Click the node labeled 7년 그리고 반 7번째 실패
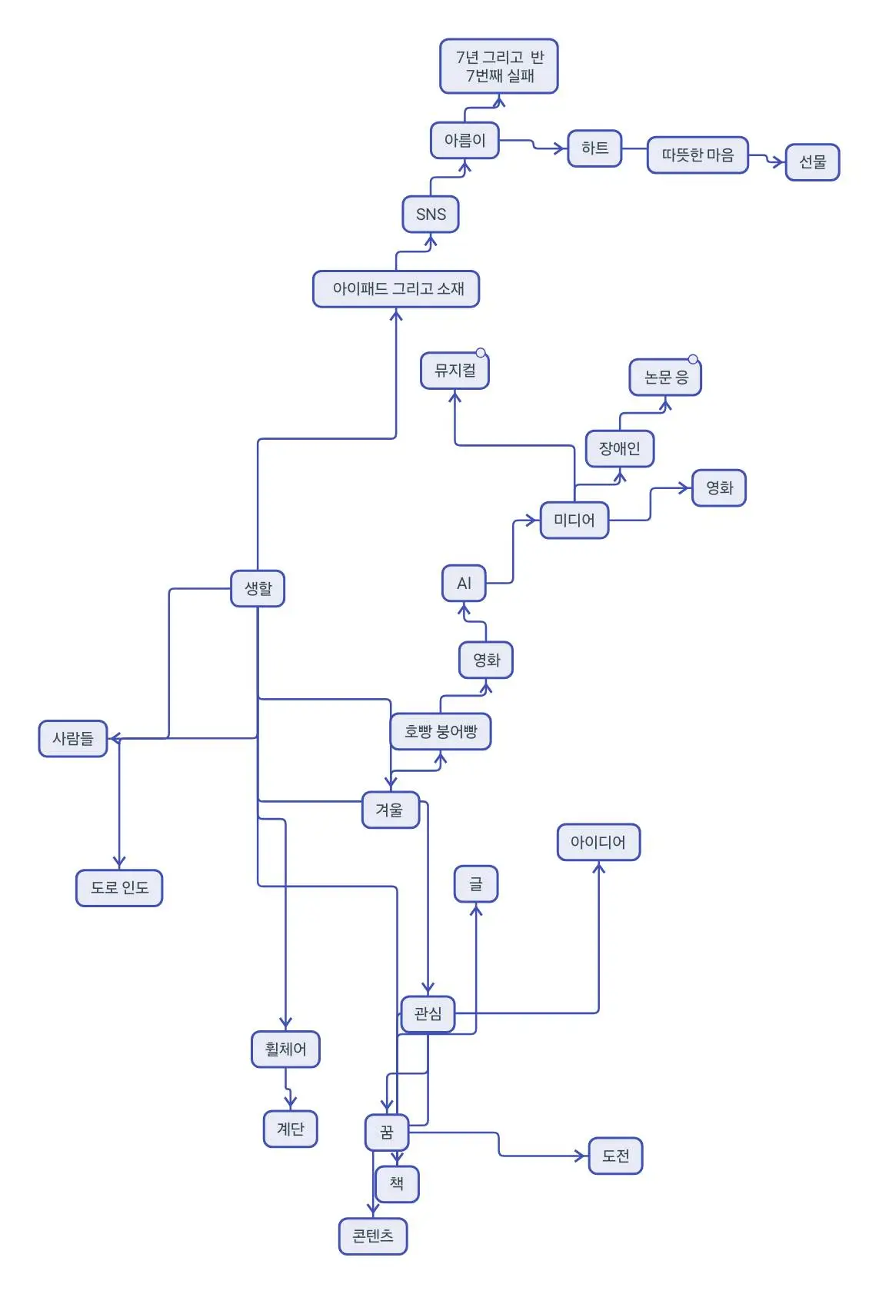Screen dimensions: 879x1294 (498, 66)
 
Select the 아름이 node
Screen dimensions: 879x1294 (464, 140)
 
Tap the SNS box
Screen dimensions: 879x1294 (431, 214)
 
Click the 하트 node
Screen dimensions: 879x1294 (594, 148)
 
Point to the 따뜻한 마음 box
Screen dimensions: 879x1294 (698, 155)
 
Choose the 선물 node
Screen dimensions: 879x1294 (812, 162)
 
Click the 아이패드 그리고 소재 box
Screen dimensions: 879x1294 (396, 289)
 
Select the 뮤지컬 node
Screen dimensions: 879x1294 (454, 371)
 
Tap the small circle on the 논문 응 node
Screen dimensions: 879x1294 (693, 359)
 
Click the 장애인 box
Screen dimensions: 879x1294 (619, 448)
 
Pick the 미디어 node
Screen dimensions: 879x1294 (574, 521)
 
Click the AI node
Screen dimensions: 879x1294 (464, 584)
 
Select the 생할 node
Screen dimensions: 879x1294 (258, 588)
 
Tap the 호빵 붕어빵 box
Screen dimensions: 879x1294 (441, 731)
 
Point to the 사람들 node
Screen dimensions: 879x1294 (73, 739)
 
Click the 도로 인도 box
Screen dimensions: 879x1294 (119, 888)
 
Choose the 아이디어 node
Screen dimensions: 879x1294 (598, 842)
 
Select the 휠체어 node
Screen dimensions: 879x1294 (285, 1049)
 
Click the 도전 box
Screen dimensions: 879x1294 (615, 1156)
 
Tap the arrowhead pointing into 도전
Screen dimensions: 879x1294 (582, 1156)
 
